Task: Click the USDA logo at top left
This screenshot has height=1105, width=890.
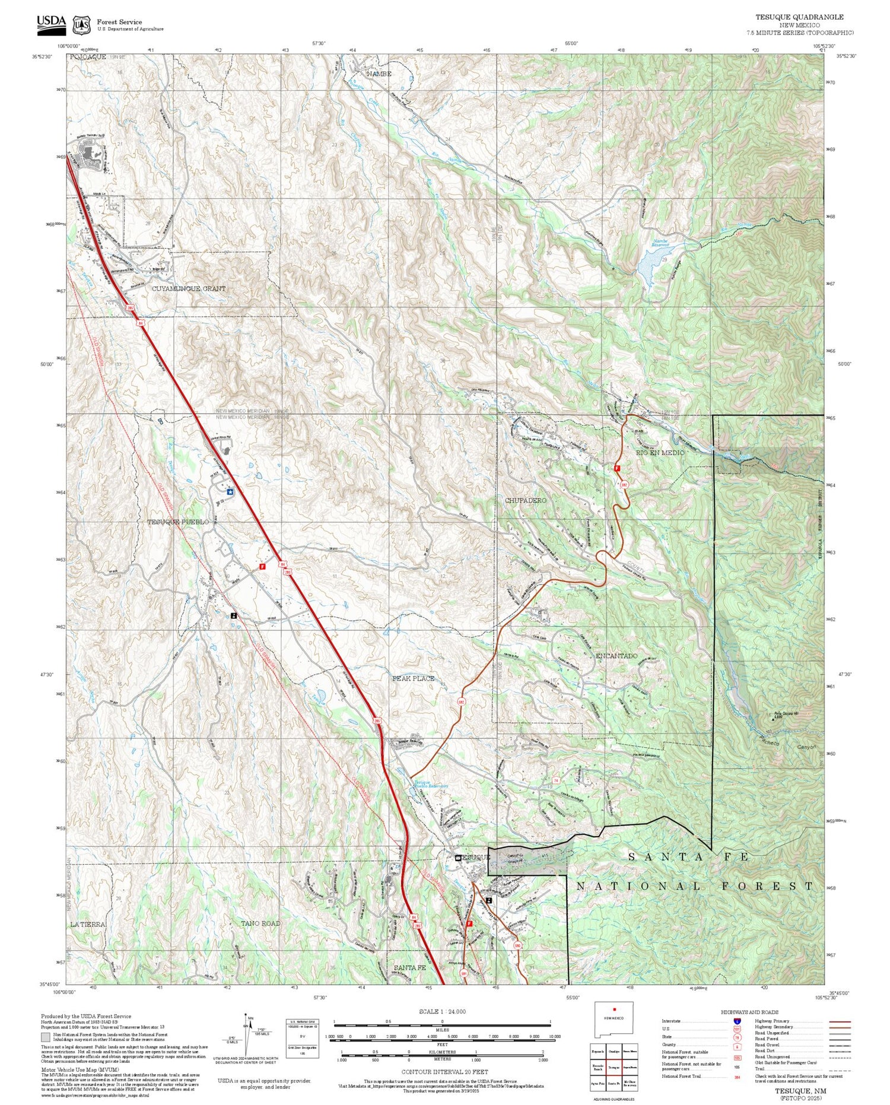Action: [52, 22]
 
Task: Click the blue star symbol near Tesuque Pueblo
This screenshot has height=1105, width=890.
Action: [230, 492]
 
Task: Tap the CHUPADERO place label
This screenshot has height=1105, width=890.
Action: [525, 501]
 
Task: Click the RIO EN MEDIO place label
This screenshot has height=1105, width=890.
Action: [660, 453]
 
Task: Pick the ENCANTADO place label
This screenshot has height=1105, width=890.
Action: [616, 656]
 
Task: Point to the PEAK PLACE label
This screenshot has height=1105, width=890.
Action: [413, 678]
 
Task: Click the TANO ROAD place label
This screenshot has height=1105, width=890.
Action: [260, 923]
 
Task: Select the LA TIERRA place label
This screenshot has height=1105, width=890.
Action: [87, 925]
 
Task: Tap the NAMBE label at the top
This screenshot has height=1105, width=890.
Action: [379, 74]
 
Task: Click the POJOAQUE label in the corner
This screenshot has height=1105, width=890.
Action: [87, 56]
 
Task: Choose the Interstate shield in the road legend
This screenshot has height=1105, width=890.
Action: [736, 1021]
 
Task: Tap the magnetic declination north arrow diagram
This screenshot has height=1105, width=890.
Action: [245, 1036]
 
